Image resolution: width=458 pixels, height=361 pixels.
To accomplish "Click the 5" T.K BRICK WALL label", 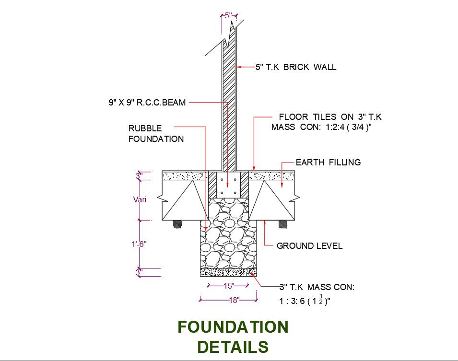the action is (x=295, y=67).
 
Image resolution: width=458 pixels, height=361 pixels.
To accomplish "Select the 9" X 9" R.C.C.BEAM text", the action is (x=147, y=102).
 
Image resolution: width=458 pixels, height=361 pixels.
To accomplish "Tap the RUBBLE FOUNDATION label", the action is (x=155, y=134).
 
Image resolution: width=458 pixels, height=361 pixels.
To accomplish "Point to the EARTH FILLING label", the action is (x=328, y=163).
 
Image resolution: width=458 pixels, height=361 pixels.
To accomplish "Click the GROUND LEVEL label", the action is (x=309, y=246).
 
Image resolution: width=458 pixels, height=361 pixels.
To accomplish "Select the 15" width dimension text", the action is (x=228, y=286).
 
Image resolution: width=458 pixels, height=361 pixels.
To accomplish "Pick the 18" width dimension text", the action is (x=233, y=300).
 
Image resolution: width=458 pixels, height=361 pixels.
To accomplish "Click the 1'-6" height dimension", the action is (x=139, y=244).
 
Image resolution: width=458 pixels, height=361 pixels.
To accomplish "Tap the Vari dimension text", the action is (x=140, y=199).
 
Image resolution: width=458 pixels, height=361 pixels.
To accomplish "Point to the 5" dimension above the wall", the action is (x=230, y=15).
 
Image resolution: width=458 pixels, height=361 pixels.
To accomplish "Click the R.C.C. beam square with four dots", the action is (x=228, y=186).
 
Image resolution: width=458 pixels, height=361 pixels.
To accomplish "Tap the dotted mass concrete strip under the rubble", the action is (x=228, y=272).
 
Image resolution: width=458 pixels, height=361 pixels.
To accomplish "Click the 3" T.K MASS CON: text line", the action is (x=317, y=287).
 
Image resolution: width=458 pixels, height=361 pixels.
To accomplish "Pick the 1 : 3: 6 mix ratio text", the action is (x=305, y=301).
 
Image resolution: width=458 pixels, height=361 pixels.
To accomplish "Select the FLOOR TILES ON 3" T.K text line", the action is (x=330, y=117).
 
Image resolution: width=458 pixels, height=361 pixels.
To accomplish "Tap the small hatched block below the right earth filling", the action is (x=283, y=223).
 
